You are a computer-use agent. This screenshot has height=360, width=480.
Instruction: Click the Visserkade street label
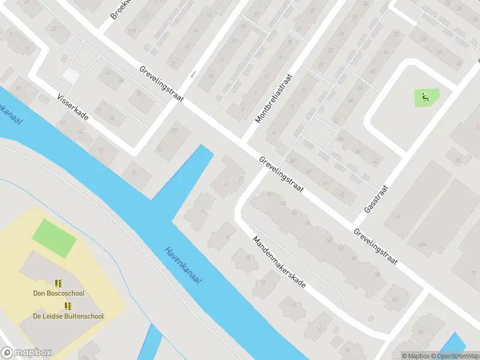tap(73, 107)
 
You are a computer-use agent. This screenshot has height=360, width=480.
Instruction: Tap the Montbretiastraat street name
tap(274, 99)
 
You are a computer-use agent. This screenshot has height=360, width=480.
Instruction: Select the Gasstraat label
tap(377, 199)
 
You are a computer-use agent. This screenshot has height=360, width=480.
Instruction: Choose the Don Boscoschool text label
tap(59, 293)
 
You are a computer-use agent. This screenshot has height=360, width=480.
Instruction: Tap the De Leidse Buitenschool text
tap(68, 316)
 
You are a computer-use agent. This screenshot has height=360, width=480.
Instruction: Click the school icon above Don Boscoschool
tap(58, 283)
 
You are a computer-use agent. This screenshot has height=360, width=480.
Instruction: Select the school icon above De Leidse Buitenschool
tap(68, 306)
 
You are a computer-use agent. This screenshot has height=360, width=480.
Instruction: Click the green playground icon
tap(425, 96)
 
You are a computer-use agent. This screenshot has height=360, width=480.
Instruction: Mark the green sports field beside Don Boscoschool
tap(54, 237)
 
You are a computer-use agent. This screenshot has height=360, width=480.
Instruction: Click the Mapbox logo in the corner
tap(26, 352)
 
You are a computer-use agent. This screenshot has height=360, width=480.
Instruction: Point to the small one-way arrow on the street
tap(193, 74)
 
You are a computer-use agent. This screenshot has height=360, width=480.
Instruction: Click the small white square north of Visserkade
tap(71, 75)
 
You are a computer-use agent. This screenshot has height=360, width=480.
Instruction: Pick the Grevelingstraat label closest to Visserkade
tap(161, 83)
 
